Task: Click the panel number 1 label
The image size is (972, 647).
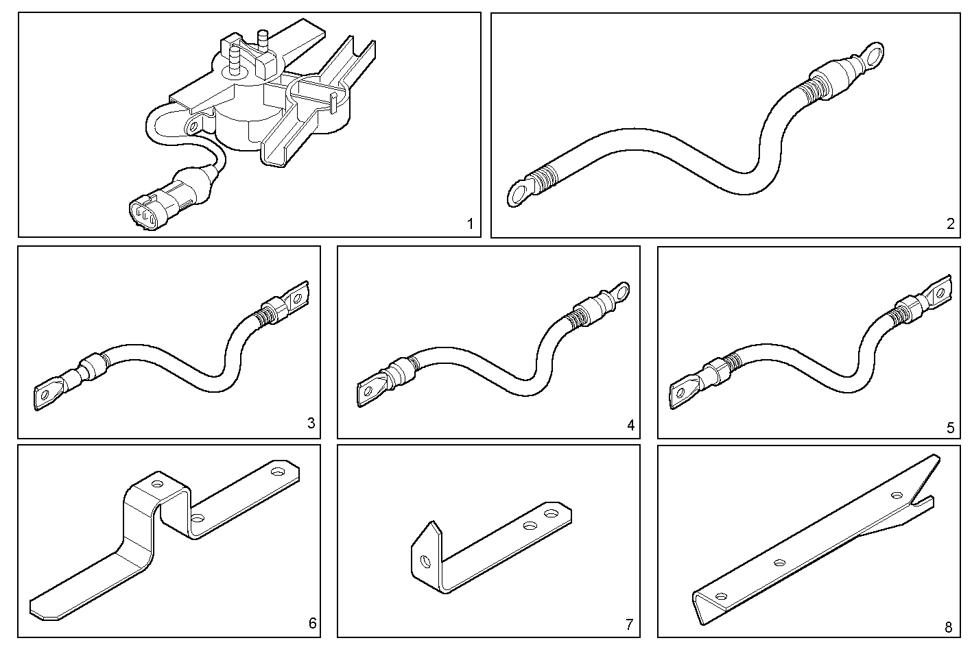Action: click(x=470, y=223)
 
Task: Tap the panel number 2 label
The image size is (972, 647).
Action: click(x=950, y=223)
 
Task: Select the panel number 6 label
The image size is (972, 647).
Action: click(x=312, y=623)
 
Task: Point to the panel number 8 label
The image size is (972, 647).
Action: click(x=949, y=627)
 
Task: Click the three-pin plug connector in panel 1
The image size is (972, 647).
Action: click(x=146, y=210)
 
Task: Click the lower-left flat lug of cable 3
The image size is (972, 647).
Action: click(x=46, y=395)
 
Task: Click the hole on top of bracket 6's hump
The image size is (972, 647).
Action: click(x=158, y=484)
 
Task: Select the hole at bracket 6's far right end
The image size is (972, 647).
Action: click(x=278, y=472)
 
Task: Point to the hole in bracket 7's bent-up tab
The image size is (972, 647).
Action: click(x=425, y=561)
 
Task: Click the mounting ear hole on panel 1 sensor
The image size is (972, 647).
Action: click(x=193, y=126)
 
